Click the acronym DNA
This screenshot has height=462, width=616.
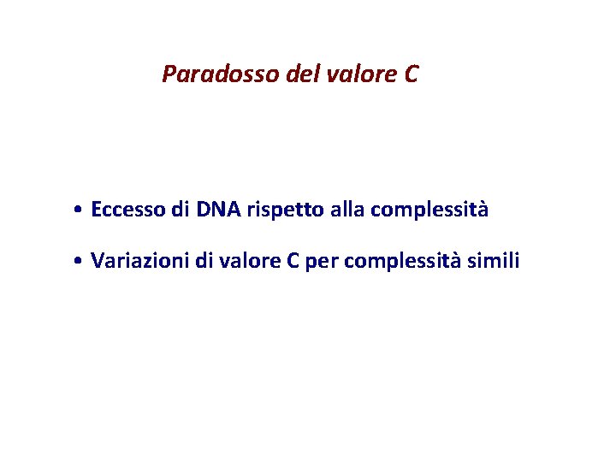click(219, 210)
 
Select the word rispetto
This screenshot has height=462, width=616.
click(282, 210)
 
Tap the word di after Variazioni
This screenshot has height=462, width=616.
click(203, 261)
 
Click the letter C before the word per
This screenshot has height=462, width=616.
click(293, 261)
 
